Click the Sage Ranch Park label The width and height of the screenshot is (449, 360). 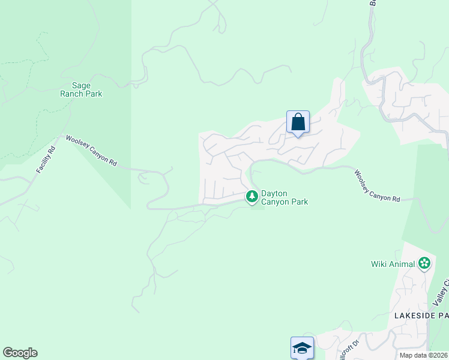pos(81,89)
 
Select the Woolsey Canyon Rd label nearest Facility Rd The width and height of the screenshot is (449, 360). pos(91,151)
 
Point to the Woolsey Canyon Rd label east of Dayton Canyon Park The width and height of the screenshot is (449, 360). pos(376,186)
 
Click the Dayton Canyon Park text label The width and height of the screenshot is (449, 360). pos(285,197)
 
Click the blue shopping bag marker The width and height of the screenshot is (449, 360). pos(298,122)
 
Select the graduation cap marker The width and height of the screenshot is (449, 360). pos(302,347)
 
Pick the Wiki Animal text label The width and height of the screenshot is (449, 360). pos(393,264)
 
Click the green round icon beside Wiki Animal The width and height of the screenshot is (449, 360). pos(424,263)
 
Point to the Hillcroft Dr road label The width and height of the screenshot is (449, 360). pos(346,351)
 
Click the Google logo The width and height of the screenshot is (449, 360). pos(20,353)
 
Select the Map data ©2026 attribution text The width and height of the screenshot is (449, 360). pos(423,355)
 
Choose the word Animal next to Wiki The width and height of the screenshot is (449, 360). pos(401,264)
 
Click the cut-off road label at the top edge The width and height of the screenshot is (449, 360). pos(373,3)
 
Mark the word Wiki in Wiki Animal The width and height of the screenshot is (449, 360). pos(379,264)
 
